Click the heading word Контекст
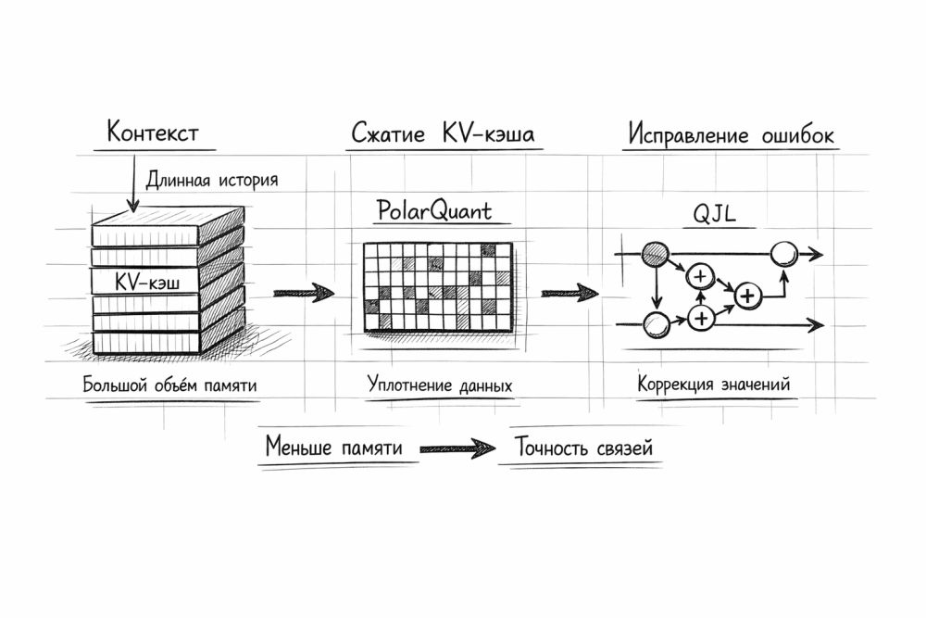[153, 132]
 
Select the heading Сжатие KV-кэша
[443, 134]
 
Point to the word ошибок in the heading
[793, 134]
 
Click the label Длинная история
[212, 179]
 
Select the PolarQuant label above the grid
[433, 210]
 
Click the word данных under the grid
[483, 384]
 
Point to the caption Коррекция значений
[713, 384]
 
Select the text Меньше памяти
[333, 448]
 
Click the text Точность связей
[577, 448]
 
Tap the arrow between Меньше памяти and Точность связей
[456, 449]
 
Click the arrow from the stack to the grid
[304, 294]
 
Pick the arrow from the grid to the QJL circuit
[569, 294]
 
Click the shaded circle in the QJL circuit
[656, 252]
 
